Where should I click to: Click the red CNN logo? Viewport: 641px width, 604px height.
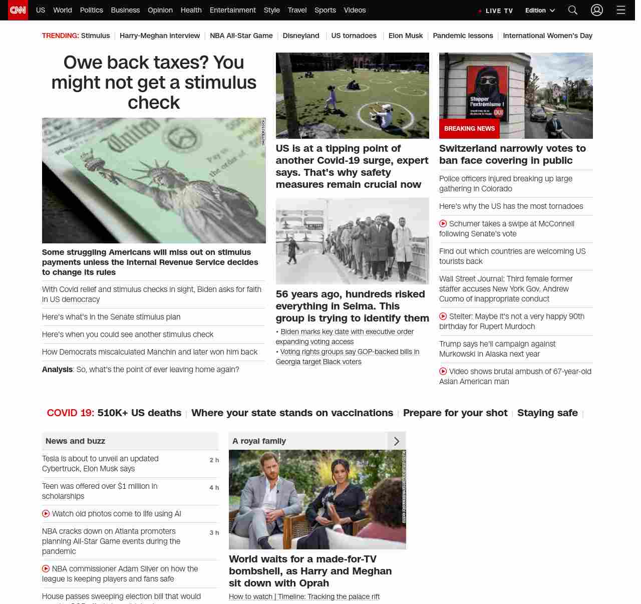(18, 10)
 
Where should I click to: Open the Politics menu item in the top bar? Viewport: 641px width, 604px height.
(91, 10)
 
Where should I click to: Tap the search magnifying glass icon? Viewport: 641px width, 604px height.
(573, 10)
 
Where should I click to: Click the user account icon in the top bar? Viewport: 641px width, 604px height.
(596, 10)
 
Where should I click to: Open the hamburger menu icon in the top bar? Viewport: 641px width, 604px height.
(621, 10)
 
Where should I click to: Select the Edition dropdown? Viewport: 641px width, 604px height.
(540, 11)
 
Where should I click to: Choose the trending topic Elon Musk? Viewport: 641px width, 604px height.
(405, 36)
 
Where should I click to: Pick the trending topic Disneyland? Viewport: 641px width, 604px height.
(300, 36)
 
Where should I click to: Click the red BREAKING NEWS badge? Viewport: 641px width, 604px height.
(469, 129)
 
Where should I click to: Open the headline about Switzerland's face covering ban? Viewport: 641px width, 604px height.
(512, 154)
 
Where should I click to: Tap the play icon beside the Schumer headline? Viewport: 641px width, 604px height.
(443, 224)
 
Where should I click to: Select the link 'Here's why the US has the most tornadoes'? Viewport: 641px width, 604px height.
(511, 206)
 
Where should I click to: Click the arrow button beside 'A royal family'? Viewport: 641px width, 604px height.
(397, 441)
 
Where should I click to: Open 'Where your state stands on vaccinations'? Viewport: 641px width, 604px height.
(292, 413)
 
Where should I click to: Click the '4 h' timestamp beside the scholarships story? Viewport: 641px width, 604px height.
(214, 488)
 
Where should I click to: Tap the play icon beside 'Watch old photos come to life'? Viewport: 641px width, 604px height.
(46, 514)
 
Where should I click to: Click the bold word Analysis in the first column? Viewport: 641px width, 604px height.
(57, 370)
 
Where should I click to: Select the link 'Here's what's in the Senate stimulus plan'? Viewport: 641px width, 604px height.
(111, 317)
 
